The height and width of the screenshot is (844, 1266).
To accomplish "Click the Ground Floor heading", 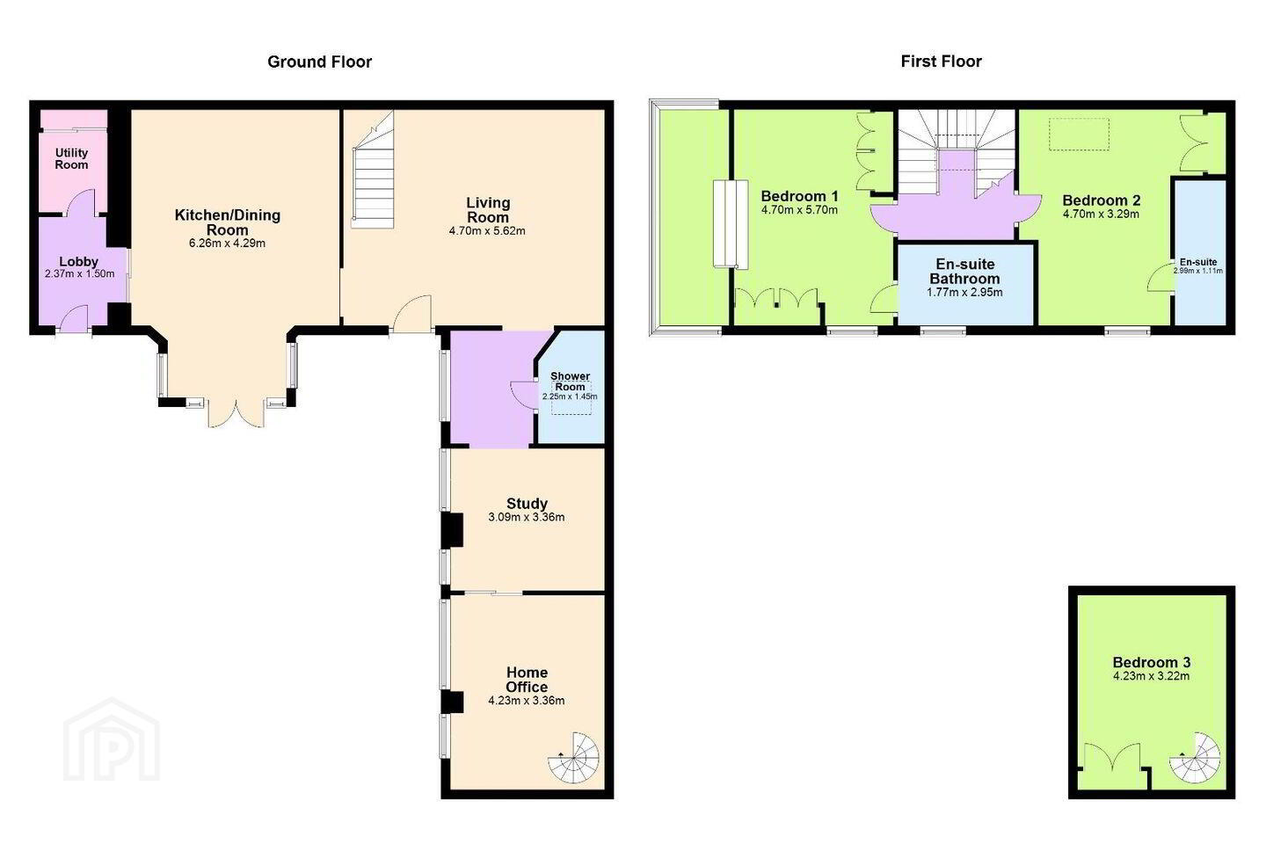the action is point(319,62).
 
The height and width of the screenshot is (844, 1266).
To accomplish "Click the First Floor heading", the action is point(941,61).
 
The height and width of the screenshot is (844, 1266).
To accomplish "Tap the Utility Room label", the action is point(71,159).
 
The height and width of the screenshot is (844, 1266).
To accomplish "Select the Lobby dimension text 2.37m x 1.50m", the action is point(80,274).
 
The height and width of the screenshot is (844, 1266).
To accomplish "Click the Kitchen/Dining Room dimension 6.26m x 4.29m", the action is point(227,244).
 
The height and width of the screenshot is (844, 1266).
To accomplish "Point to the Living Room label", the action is point(488,210).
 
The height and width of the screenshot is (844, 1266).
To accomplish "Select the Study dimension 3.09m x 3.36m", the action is point(526,517).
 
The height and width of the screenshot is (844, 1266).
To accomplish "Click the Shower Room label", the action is point(570,382).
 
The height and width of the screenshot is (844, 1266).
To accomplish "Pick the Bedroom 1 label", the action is point(799,196).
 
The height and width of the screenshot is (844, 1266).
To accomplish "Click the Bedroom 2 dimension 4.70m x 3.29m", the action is point(1101,215).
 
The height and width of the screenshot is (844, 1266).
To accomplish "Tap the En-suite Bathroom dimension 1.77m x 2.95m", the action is point(964,293).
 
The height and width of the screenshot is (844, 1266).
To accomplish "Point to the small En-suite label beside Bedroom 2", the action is point(1198,262).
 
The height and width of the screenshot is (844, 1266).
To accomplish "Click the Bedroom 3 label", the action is point(1152,662).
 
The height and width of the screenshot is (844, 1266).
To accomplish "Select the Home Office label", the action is point(527,680).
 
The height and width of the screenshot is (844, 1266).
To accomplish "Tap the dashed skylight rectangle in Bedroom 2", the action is point(1079,134).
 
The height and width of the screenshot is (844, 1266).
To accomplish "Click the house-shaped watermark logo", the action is point(112,739).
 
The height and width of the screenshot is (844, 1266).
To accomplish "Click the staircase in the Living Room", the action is point(373,170).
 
